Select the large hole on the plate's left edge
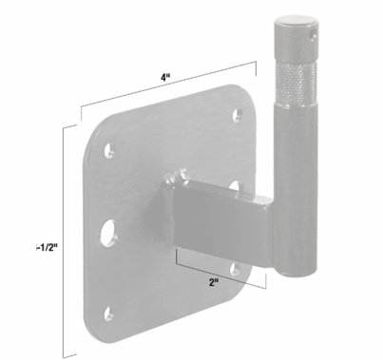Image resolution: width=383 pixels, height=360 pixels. pos(109,229)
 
